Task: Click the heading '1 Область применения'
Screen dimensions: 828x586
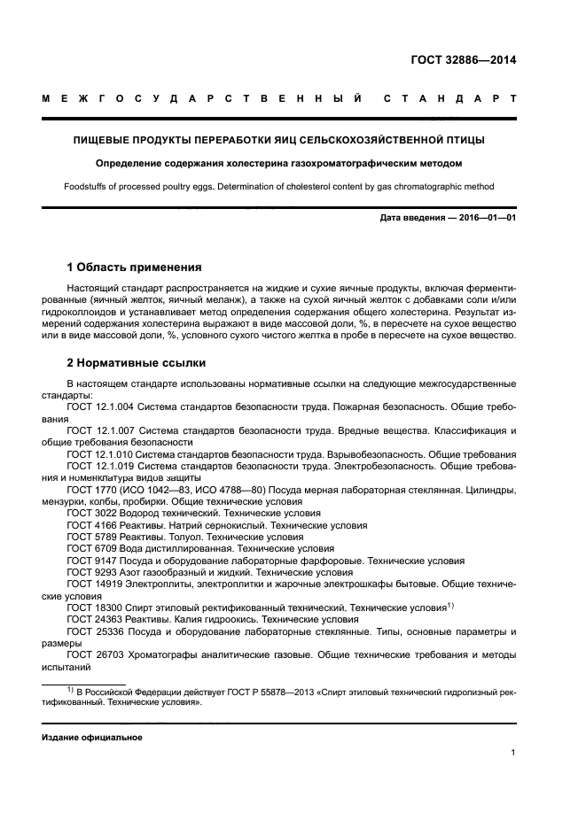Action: click(135, 267)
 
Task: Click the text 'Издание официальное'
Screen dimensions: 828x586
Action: click(92, 737)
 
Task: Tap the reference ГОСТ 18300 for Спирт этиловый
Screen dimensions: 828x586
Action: click(94, 608)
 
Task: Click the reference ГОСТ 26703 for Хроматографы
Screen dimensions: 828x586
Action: click(94, 656)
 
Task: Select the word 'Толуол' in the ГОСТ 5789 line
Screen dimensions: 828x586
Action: click(190, 538)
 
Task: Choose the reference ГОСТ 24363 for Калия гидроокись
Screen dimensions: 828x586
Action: click(94, 620)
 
